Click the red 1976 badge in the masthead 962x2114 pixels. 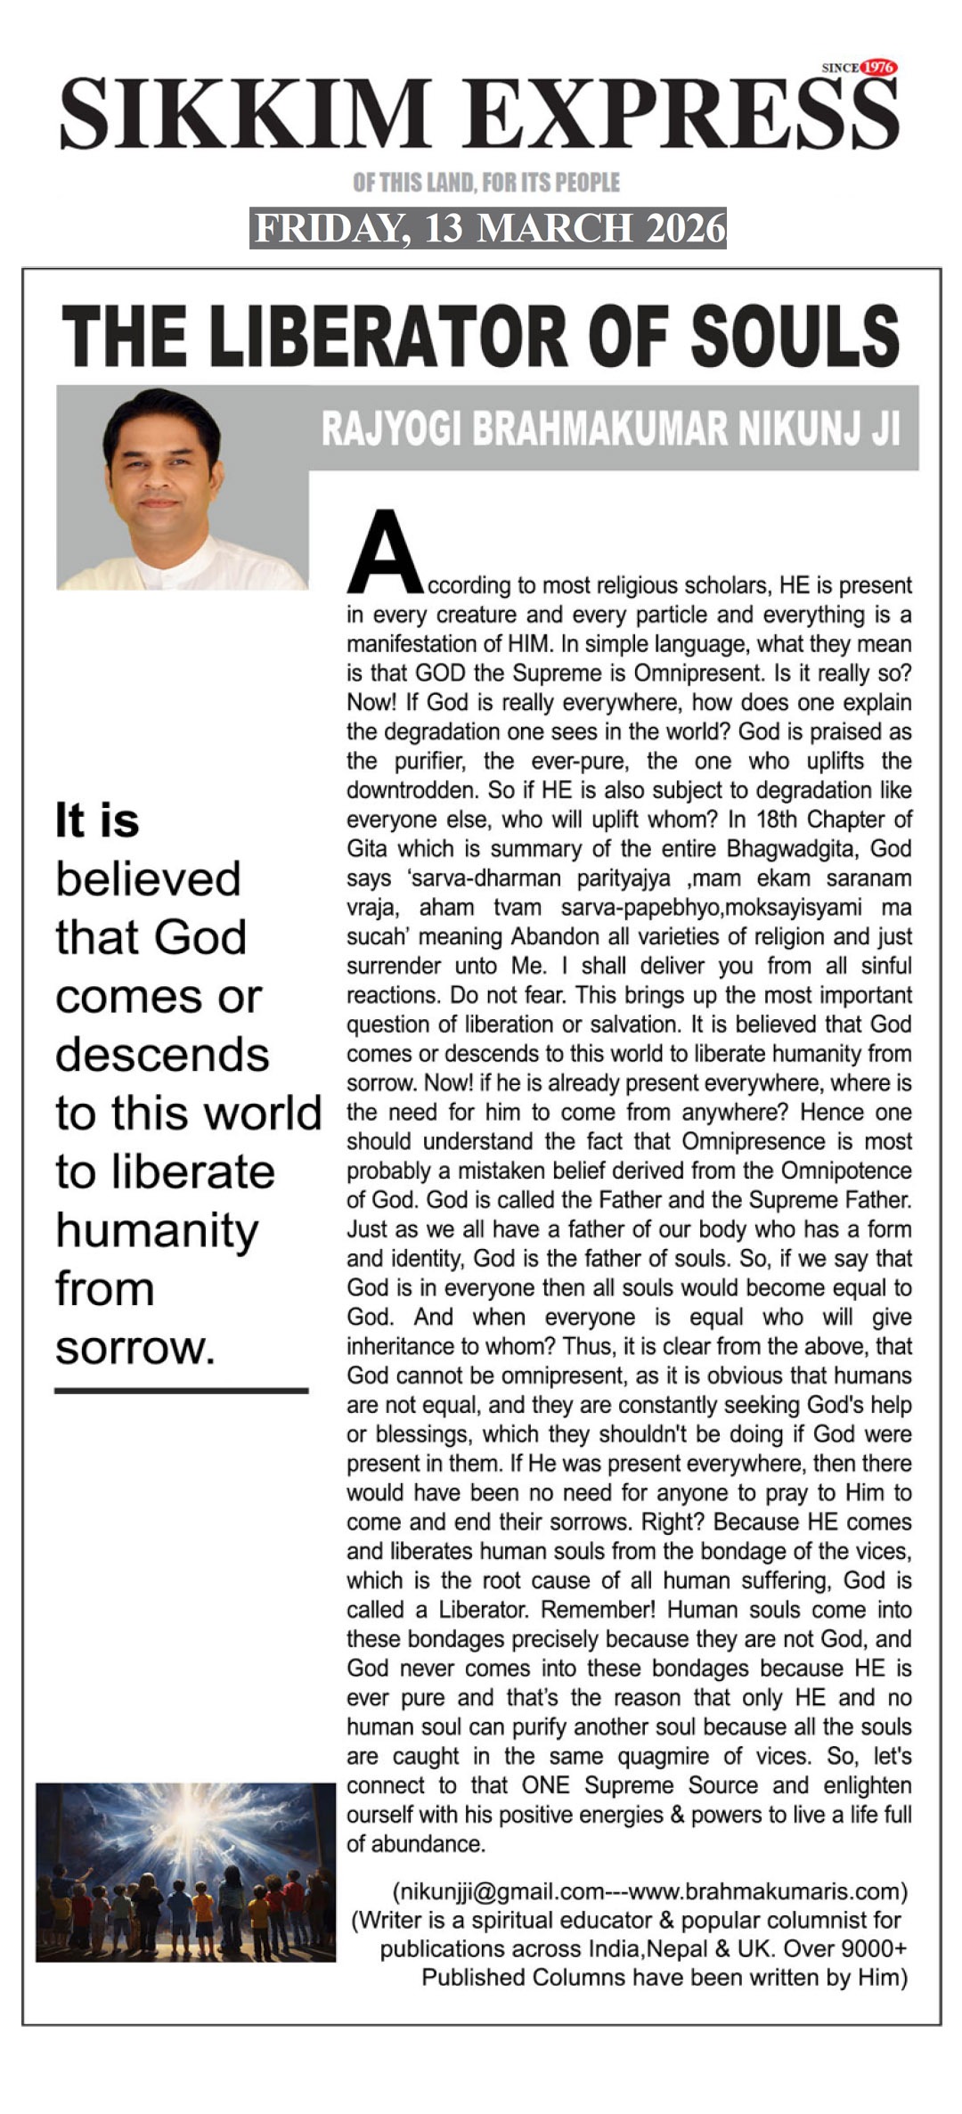pos(879,68)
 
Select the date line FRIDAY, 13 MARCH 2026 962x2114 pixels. pos(488,228)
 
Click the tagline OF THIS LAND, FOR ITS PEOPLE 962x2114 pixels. pos(486,183)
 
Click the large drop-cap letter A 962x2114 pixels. pos(385,553)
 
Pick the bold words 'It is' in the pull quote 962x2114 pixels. pos(97,820)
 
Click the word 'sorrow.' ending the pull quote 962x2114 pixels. pos(135,1347)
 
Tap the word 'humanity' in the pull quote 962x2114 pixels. pos(157,1231)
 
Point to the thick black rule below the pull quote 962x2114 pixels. pos(181,1390)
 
